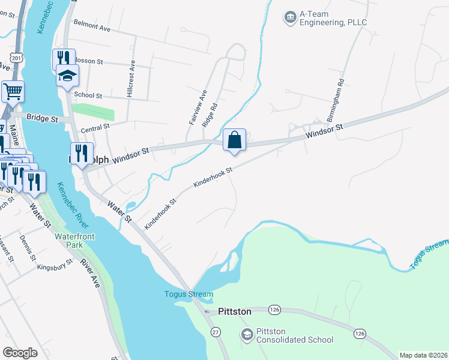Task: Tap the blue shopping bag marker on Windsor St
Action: (x=235, y=140)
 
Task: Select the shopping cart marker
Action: (x=13, y=92)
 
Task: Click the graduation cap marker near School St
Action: (x=67, y=76)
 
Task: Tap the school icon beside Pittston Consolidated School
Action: (x=246, y=334)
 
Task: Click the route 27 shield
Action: (x=216, y=332)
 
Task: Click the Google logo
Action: (x=20, y=353)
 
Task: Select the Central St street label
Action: (x=95, y=127)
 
